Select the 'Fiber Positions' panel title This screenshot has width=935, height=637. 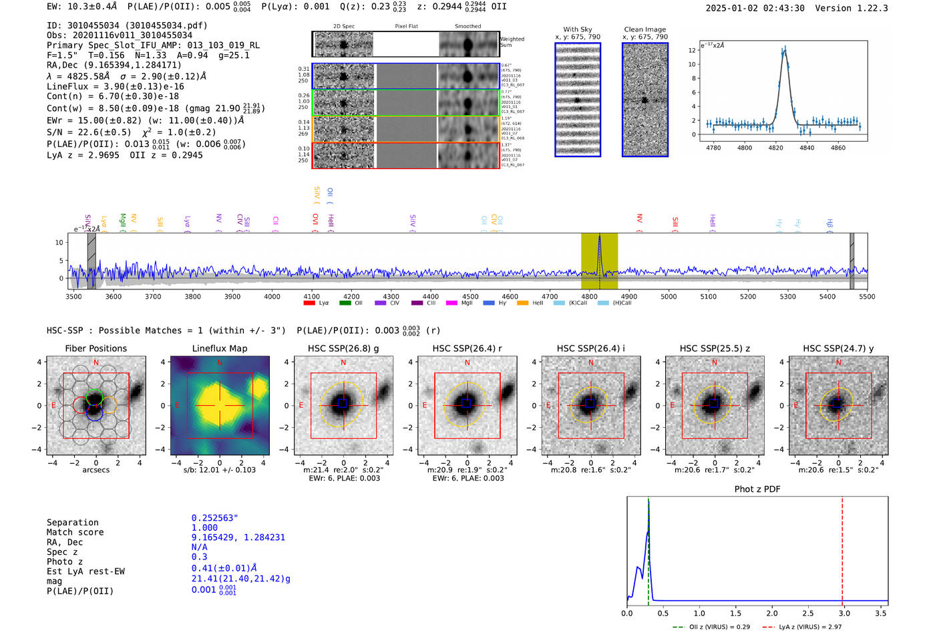tap(96, 348)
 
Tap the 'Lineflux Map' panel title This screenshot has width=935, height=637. tap(220, 348)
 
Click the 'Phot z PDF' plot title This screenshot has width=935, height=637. tap(757, 489)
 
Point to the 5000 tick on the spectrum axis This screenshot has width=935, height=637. tap(669, 297)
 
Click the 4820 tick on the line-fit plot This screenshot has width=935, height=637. tap(775, 148)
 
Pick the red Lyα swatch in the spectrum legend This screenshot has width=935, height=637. tap(309, 303)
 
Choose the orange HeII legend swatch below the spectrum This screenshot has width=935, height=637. tap(522, 303)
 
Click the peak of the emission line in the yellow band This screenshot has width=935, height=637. tap(600, 237)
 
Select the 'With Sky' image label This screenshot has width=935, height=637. tap(578, 29)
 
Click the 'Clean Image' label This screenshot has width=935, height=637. tap(644, 29)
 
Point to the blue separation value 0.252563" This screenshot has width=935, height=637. tap(214, 518)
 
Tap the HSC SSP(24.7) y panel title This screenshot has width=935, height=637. tap(838, 348)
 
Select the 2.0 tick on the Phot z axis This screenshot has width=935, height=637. tap(772, 613)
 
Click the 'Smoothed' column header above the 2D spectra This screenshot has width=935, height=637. tap(467, 27)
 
